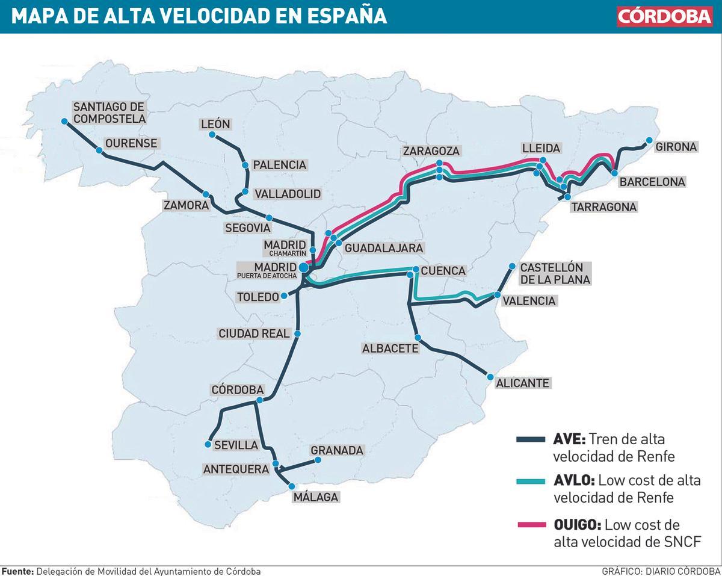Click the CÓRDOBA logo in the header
tap(665, 16)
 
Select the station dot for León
tap(212, 135)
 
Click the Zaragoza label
tap(431, 150)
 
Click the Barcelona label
tap(652, 181)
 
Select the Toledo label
tap(258, 297)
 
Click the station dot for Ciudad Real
tap(297, 333)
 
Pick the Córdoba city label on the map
tap(238, 389)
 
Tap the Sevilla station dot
tap(208, 445)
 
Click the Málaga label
tap(316, 497)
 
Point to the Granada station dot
tap(318, 460)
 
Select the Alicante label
tap(522, 383)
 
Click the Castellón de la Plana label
tap(555, 273)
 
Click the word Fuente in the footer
tap(17, 571)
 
